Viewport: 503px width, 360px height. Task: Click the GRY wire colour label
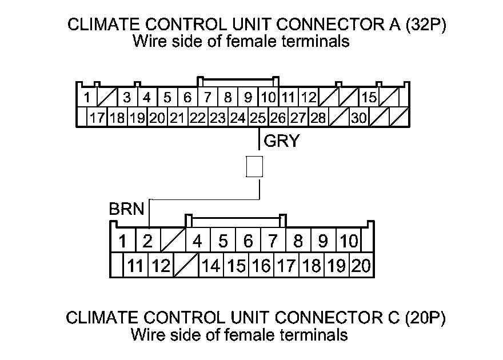pyautogui.click(x=281, y=141)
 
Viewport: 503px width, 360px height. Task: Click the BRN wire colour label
pyautogui.click(x=126, y=210)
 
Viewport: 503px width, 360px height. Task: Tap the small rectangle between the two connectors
pyautogui.click(x=254, y=166)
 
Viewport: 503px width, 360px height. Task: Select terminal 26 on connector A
pyautogui.click(x=278, y=118)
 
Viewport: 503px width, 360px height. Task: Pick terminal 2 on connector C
pyautogui.click(x=147, y=241)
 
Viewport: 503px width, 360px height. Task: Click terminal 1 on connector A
pyautogui.click(x=86, y=97)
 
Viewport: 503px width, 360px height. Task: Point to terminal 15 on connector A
pyautogui.click(x=369, y=97)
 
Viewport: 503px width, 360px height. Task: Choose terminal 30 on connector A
pyautogui.click(x=359, y=118)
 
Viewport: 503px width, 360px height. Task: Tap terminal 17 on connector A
pyautogui.click(x=97, y=118)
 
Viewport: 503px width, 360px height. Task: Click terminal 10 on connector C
pyautogui.click(x=348, y=241)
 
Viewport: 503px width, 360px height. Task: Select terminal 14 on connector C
pyautogui.click(x=211, y=266)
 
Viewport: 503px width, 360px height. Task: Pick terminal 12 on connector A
pyautogui.click(x=309, y=97)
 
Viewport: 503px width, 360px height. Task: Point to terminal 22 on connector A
pyautogui.click(x=197, y=118)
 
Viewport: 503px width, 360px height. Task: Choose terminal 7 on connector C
pyautogui.click(x=273, y=241)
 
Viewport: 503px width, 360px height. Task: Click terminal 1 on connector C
pyautogui.click(x=122, y=241)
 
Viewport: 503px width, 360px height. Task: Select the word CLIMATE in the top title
pyautogui.click(x=97, y=25)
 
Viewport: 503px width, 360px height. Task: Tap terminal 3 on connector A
pyautogui.click(x=127, y=97)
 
